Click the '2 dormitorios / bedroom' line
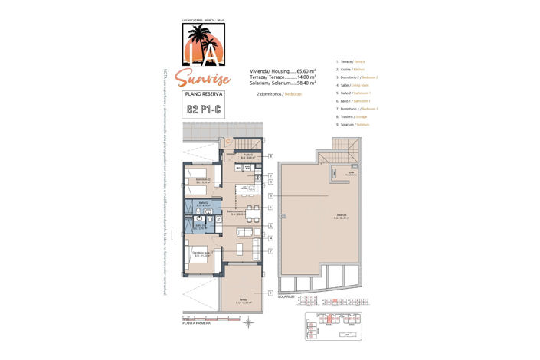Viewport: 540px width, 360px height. coord(276,93)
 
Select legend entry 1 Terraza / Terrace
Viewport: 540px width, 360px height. coord(352,61)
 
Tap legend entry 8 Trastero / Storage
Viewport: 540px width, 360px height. coord(355,116)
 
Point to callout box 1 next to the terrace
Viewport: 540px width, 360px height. coord(270,293)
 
